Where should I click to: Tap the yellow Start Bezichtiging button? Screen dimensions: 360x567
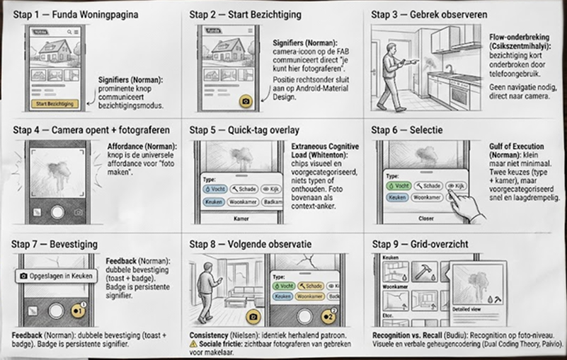[55, 104]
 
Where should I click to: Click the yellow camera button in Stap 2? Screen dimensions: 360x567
[246, 101]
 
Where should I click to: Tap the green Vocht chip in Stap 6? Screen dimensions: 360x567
[399, 185]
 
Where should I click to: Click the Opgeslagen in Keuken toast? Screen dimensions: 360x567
[57, 275]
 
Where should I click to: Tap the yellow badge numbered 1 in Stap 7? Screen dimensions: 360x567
[80, 310]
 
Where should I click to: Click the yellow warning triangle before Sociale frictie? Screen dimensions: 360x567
[193, 343]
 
